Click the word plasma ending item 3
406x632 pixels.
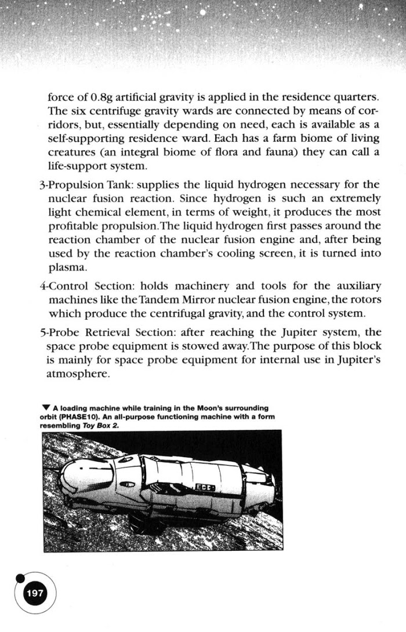point(67,268)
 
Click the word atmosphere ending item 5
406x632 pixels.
point(77,374)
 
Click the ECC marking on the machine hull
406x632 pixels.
point(206,488)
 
